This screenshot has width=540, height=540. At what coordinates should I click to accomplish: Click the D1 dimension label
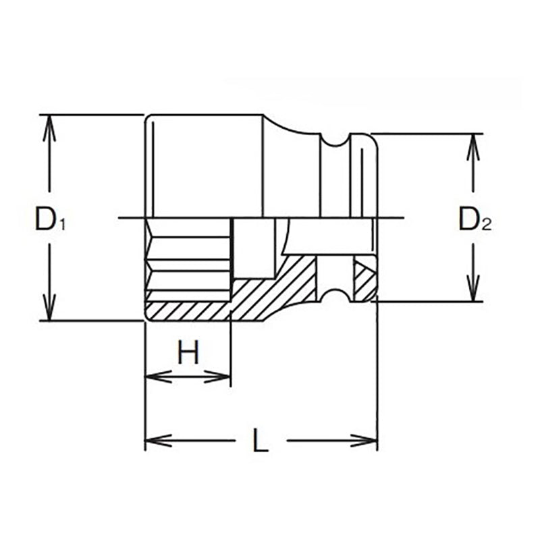point(49,218)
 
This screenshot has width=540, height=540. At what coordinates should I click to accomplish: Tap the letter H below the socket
point(189,352)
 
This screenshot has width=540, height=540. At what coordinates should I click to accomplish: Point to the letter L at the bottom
point(260,443)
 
